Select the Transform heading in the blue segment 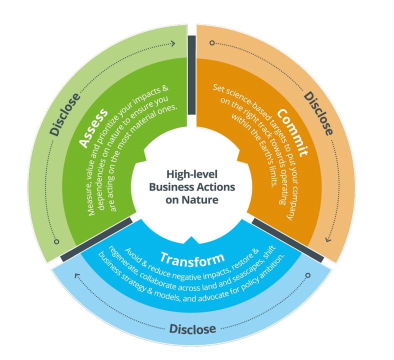pyautogui.click(x=192, y=259)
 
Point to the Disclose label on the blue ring pyautogui.click(x=192, y=328)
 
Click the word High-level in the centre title pyautogui.click(x=192, y=174)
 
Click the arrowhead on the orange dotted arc pyautogui.click(x=328, y=239)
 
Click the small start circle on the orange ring pyautogui.click(x=212, y=43)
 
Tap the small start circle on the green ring pyautogui.click(x=57, y=241)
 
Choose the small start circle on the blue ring pyautogui.click(x=307, y=275)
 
